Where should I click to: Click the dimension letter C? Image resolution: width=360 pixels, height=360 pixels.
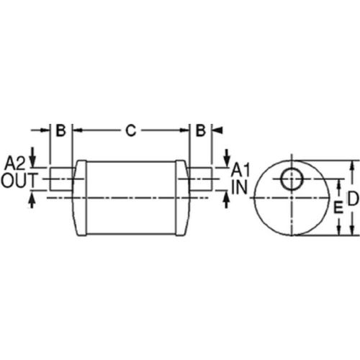[130, 130]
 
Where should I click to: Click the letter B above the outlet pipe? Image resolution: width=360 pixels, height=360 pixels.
[61, 130]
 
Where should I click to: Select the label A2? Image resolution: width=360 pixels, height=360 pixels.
[15, 161]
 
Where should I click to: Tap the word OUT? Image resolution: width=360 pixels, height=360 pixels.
[17, 179]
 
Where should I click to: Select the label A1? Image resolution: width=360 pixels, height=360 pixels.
[240, 171]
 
